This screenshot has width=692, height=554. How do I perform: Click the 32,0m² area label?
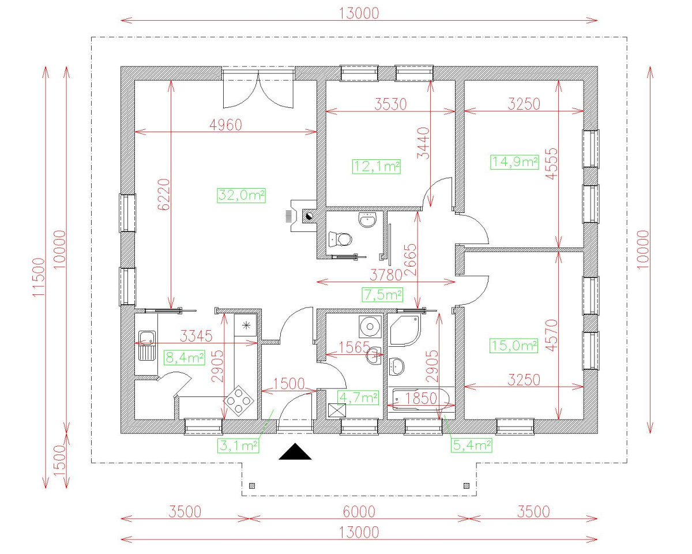(x=241, y=196)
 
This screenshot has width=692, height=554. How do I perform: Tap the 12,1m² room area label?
(x=376, y=167)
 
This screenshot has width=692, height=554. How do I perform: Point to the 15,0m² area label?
(x=514, y=346)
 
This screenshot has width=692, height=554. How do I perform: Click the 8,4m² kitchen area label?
(x=185, y=358)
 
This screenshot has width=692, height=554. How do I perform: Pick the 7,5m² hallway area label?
(x=382, y=295)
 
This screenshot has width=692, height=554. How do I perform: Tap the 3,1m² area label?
(x=239, y=446)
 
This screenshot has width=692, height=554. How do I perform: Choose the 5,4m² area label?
(x=472, y=446)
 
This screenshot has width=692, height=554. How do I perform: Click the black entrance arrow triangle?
(x=295, y=451)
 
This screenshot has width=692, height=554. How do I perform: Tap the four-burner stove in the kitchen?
(x=239, y=401)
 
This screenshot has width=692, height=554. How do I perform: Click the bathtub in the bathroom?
(x=420, y=399)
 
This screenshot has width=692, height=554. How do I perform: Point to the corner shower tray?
(x=404, y=331)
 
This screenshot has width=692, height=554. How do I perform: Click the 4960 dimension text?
(x=225, y=125)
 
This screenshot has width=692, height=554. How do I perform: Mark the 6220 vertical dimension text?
(x=164, y=194)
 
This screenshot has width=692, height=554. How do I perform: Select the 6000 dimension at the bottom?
(x=359, y=511)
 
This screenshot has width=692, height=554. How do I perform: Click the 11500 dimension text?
(x=39, y=278)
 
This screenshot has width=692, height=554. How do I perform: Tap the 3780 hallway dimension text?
(x=386, y=275)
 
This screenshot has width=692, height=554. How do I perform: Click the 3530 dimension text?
(x=391, y=104)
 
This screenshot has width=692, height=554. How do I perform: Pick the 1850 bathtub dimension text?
(x=421, y=398)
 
